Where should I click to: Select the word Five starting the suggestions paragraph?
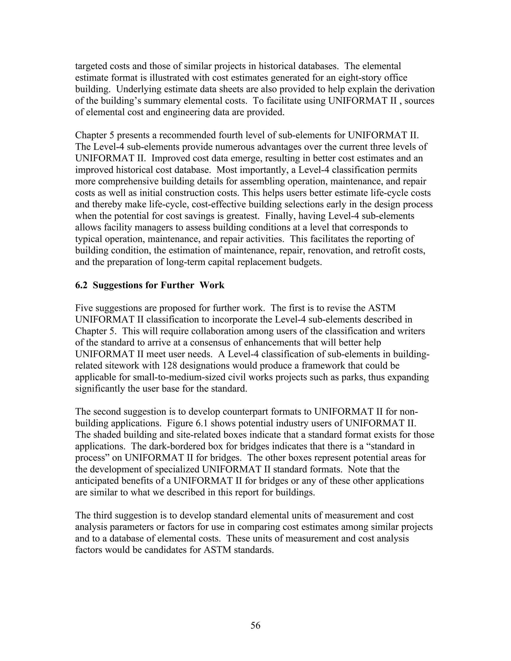84,308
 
